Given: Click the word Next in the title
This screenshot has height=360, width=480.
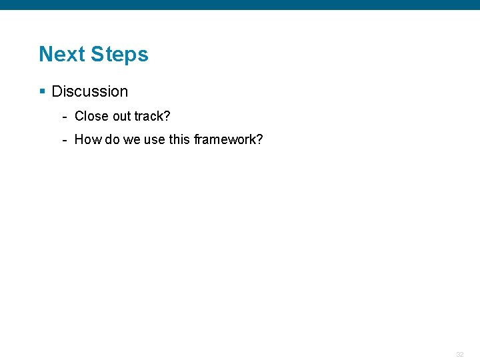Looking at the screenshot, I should click(62, 54).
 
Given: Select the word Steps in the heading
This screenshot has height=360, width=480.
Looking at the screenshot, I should click(119, 54).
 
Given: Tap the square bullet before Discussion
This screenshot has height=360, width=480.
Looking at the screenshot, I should click(42, 91).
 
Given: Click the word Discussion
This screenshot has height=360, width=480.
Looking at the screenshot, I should click(89, 91).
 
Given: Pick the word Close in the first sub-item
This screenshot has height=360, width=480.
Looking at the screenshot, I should click(91, 116).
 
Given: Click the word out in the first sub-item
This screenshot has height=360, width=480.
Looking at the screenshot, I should click(121, 116).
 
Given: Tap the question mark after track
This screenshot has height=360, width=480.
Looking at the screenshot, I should click(167, 116).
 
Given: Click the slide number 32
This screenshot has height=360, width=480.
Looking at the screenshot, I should click(459, 355).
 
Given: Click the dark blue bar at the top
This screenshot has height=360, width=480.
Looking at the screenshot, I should click(240, 5).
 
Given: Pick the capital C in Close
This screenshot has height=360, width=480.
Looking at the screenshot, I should click(79, 116).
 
